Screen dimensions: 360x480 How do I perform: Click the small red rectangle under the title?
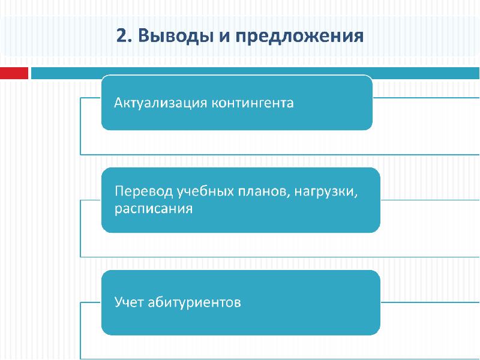point(14,73)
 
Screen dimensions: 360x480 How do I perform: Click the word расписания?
point(154,209)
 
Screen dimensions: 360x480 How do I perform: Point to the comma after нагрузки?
point(356,196)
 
